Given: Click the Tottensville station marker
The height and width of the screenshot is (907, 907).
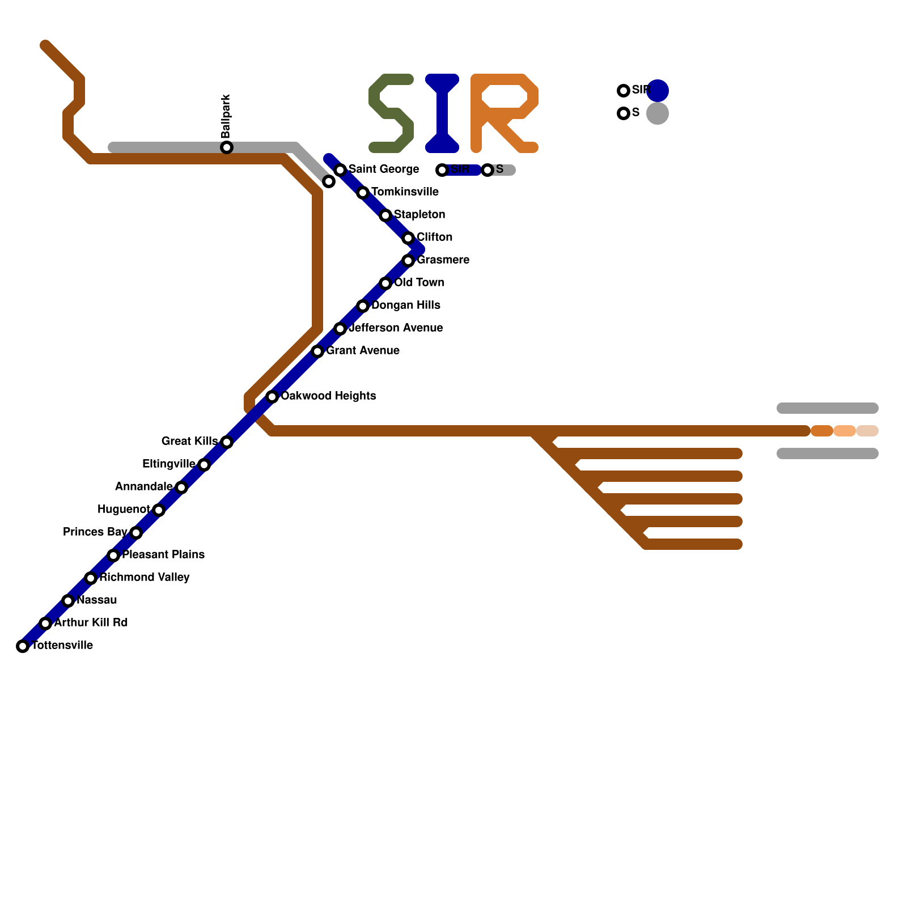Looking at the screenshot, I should coord(23,646).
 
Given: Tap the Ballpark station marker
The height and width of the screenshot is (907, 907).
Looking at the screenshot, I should coord(227,147).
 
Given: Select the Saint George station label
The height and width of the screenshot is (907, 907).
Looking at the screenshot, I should coord(384,169).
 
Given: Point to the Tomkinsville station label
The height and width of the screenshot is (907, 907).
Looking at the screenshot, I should coord(405,192).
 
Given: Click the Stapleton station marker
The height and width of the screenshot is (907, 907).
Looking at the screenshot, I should coord(385,215).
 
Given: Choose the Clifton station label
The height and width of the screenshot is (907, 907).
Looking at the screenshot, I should coord(434,238).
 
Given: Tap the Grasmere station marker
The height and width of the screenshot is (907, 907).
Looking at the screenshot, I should coord(408,261).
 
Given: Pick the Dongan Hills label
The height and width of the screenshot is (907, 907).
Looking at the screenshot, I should coord(406,306).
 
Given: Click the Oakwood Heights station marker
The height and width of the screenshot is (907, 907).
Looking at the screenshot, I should coord(272,397).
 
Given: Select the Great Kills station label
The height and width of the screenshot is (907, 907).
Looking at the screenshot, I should coord(189,442).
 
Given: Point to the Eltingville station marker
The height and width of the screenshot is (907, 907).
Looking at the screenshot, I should coord(204,465).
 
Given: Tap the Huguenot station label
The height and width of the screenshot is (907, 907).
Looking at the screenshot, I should coord(124,510).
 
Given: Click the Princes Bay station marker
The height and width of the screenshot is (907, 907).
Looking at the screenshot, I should coord(136,533).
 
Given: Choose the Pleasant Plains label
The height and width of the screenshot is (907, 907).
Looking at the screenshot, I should coord(163,555).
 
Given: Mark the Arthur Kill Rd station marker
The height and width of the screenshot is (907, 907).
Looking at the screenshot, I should coord(45,624).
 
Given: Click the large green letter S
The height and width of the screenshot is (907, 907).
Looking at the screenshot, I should coord(391,113).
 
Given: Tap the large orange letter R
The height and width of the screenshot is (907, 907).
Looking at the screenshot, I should coord(503,113).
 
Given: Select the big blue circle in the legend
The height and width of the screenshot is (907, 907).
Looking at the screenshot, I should coord(658,91).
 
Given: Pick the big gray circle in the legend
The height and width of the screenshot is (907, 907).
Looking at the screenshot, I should coord(658,113).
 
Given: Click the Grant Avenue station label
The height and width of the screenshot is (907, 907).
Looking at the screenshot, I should coord(363,351).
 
